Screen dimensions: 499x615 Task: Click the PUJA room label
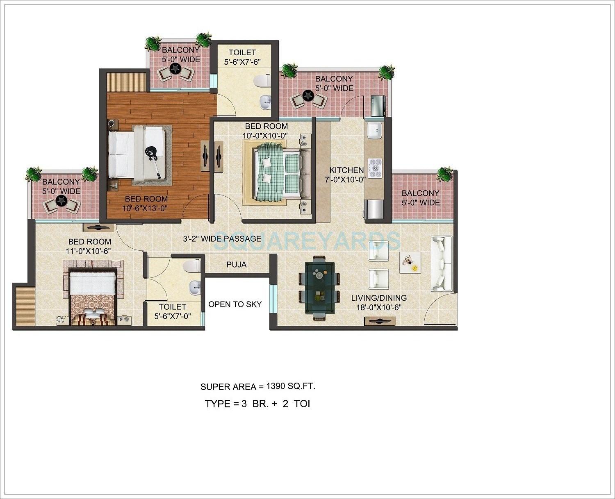click(x=237, y=265)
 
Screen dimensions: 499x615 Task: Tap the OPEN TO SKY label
click(x=235, y=304)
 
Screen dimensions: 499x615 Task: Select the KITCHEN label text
click(x=347, y=170)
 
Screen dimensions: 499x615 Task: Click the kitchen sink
click(x=374, y=130)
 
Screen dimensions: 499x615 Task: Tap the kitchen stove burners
click(x=375, y=168)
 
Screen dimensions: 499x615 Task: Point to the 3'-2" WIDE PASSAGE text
click(x=222, y=238)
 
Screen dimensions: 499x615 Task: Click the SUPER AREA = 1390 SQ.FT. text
click(x=257, y=386)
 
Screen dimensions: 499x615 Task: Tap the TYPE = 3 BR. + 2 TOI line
click(x=257, y=404)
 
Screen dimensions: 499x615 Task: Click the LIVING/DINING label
click(x=379, y=298)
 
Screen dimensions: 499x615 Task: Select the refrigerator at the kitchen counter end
click(x=374, y=209)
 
